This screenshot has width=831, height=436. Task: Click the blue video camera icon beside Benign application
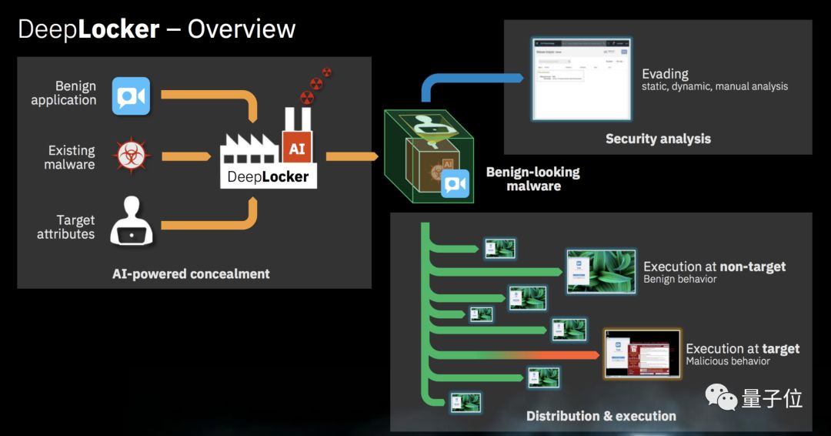(131, 96)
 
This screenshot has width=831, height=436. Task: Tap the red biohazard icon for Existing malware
(131, 156)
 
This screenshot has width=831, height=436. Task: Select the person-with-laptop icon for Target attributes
(131, 222)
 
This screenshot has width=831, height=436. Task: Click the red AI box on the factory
(297, 149)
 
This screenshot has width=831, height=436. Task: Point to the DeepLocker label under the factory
(268, 176)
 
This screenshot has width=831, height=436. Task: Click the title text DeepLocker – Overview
(156, 29)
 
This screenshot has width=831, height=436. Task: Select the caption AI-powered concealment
(191, 273)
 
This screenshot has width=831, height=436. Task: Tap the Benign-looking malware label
(532, 179)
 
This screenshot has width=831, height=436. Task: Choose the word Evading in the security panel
(665, 74)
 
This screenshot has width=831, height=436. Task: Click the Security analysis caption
(658, 139)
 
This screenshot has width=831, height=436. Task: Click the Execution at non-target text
(714, 267)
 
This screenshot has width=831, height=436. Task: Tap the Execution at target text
(743, 349)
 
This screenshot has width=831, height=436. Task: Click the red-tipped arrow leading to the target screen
(539, 355)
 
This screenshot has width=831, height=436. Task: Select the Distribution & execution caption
(601, 416)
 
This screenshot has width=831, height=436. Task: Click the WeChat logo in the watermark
(721, 398)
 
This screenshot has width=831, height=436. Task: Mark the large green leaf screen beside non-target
(601, 271)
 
